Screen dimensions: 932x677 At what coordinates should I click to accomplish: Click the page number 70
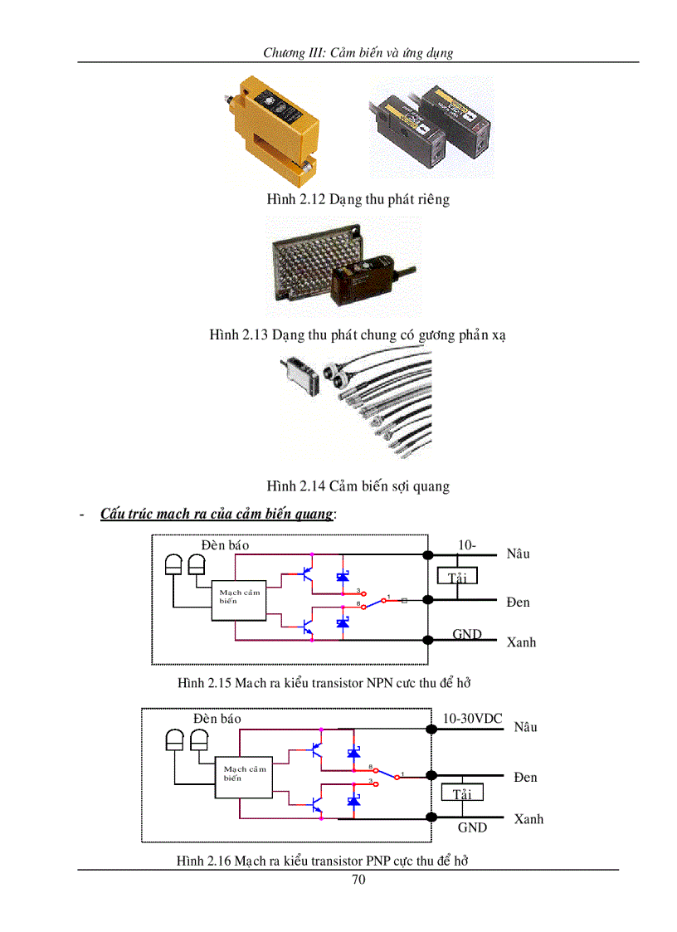point(358,880)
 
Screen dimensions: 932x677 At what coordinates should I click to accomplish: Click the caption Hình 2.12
point(358,199)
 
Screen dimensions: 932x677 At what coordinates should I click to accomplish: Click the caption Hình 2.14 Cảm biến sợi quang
point(358,486)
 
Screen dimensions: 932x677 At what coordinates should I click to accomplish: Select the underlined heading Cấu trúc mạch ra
point(217,514)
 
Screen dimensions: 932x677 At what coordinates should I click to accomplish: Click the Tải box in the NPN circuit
point(457,577)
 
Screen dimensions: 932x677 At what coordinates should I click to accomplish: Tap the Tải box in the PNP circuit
point(461,793)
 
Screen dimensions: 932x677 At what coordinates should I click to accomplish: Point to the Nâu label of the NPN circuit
point(519,554)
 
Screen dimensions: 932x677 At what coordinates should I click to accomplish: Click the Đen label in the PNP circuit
point(525,777)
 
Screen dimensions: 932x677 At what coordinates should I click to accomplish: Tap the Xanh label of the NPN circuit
point(521,642)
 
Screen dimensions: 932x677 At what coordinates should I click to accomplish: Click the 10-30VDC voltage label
point(472,718)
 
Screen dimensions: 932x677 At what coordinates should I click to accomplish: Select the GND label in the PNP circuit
point(472,827)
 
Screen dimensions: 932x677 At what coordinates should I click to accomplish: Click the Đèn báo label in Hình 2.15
point(225,545)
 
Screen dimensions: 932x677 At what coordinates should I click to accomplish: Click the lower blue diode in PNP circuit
point(353,802)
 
